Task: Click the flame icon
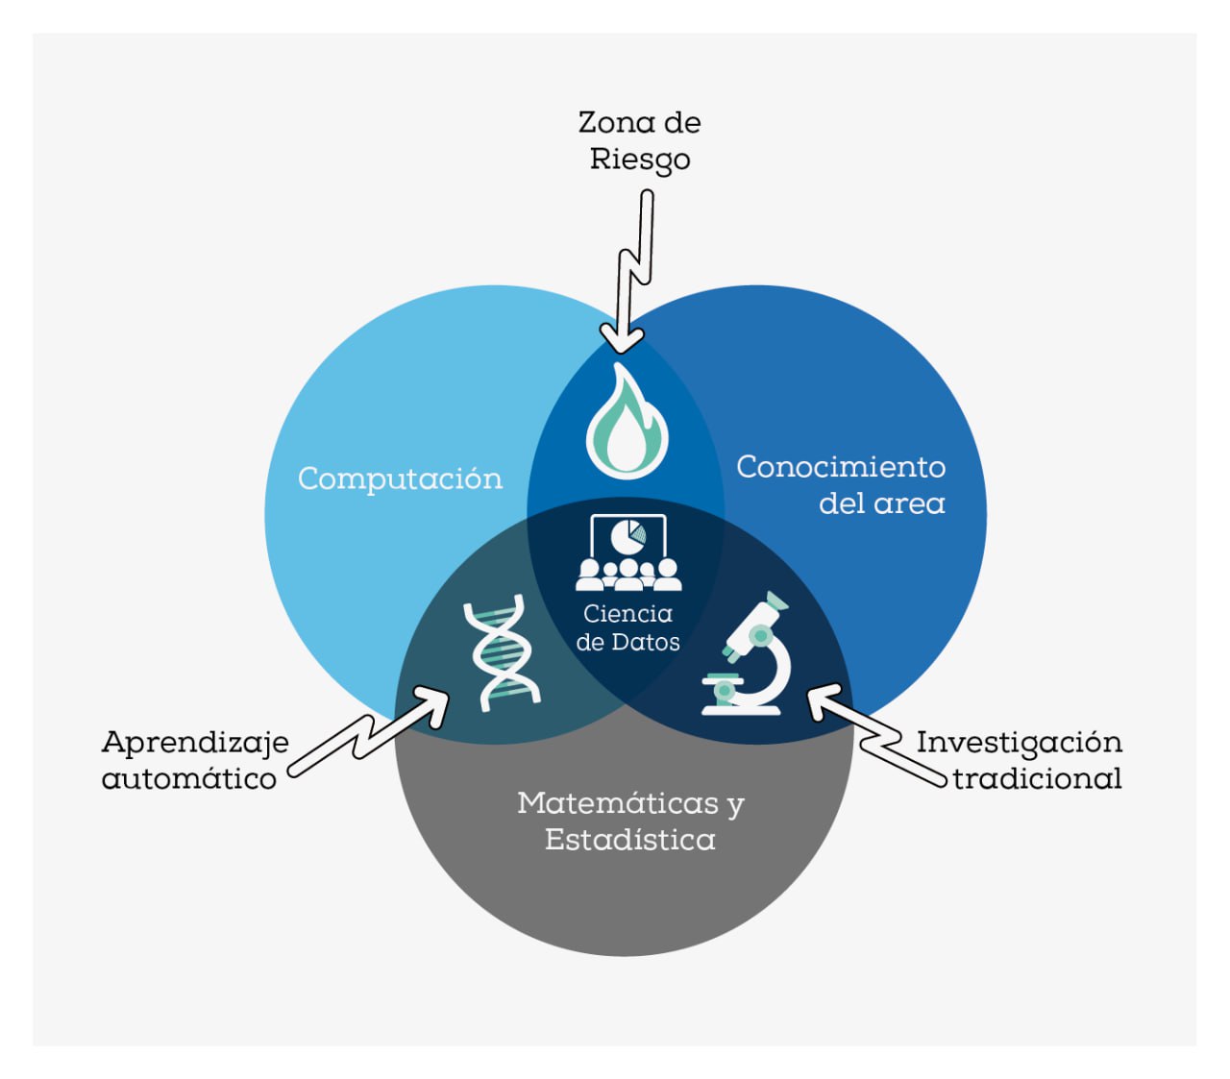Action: [x=627, y=423]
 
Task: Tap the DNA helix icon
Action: [x=501, y=653]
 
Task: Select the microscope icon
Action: [x=750, y=655]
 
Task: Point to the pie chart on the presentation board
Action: [x=628, y=535]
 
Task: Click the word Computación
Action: [x=400, y=478]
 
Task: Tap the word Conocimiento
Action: [x=841, y=467]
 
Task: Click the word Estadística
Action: [x=629, y=840]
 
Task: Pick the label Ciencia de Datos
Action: [x=628, y=627]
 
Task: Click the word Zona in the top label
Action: [x=610, y=123]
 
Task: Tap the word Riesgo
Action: [x=639, y=159]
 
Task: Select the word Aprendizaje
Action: [x=195, y=743]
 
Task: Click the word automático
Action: [x=189, y=778]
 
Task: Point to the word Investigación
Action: [x=1019, y=743]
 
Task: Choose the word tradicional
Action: [x=1037, y=778]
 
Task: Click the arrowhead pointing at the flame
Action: [x=623, y=338]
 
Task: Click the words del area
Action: [x=881, y=503]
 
